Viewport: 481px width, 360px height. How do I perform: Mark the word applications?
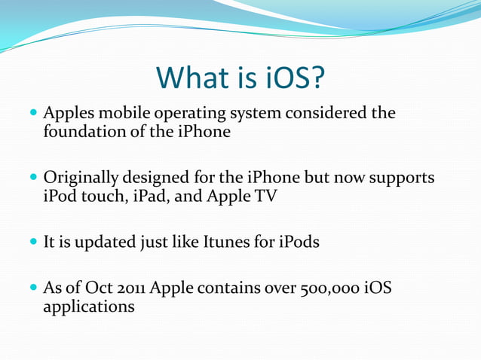click(89, 308)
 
